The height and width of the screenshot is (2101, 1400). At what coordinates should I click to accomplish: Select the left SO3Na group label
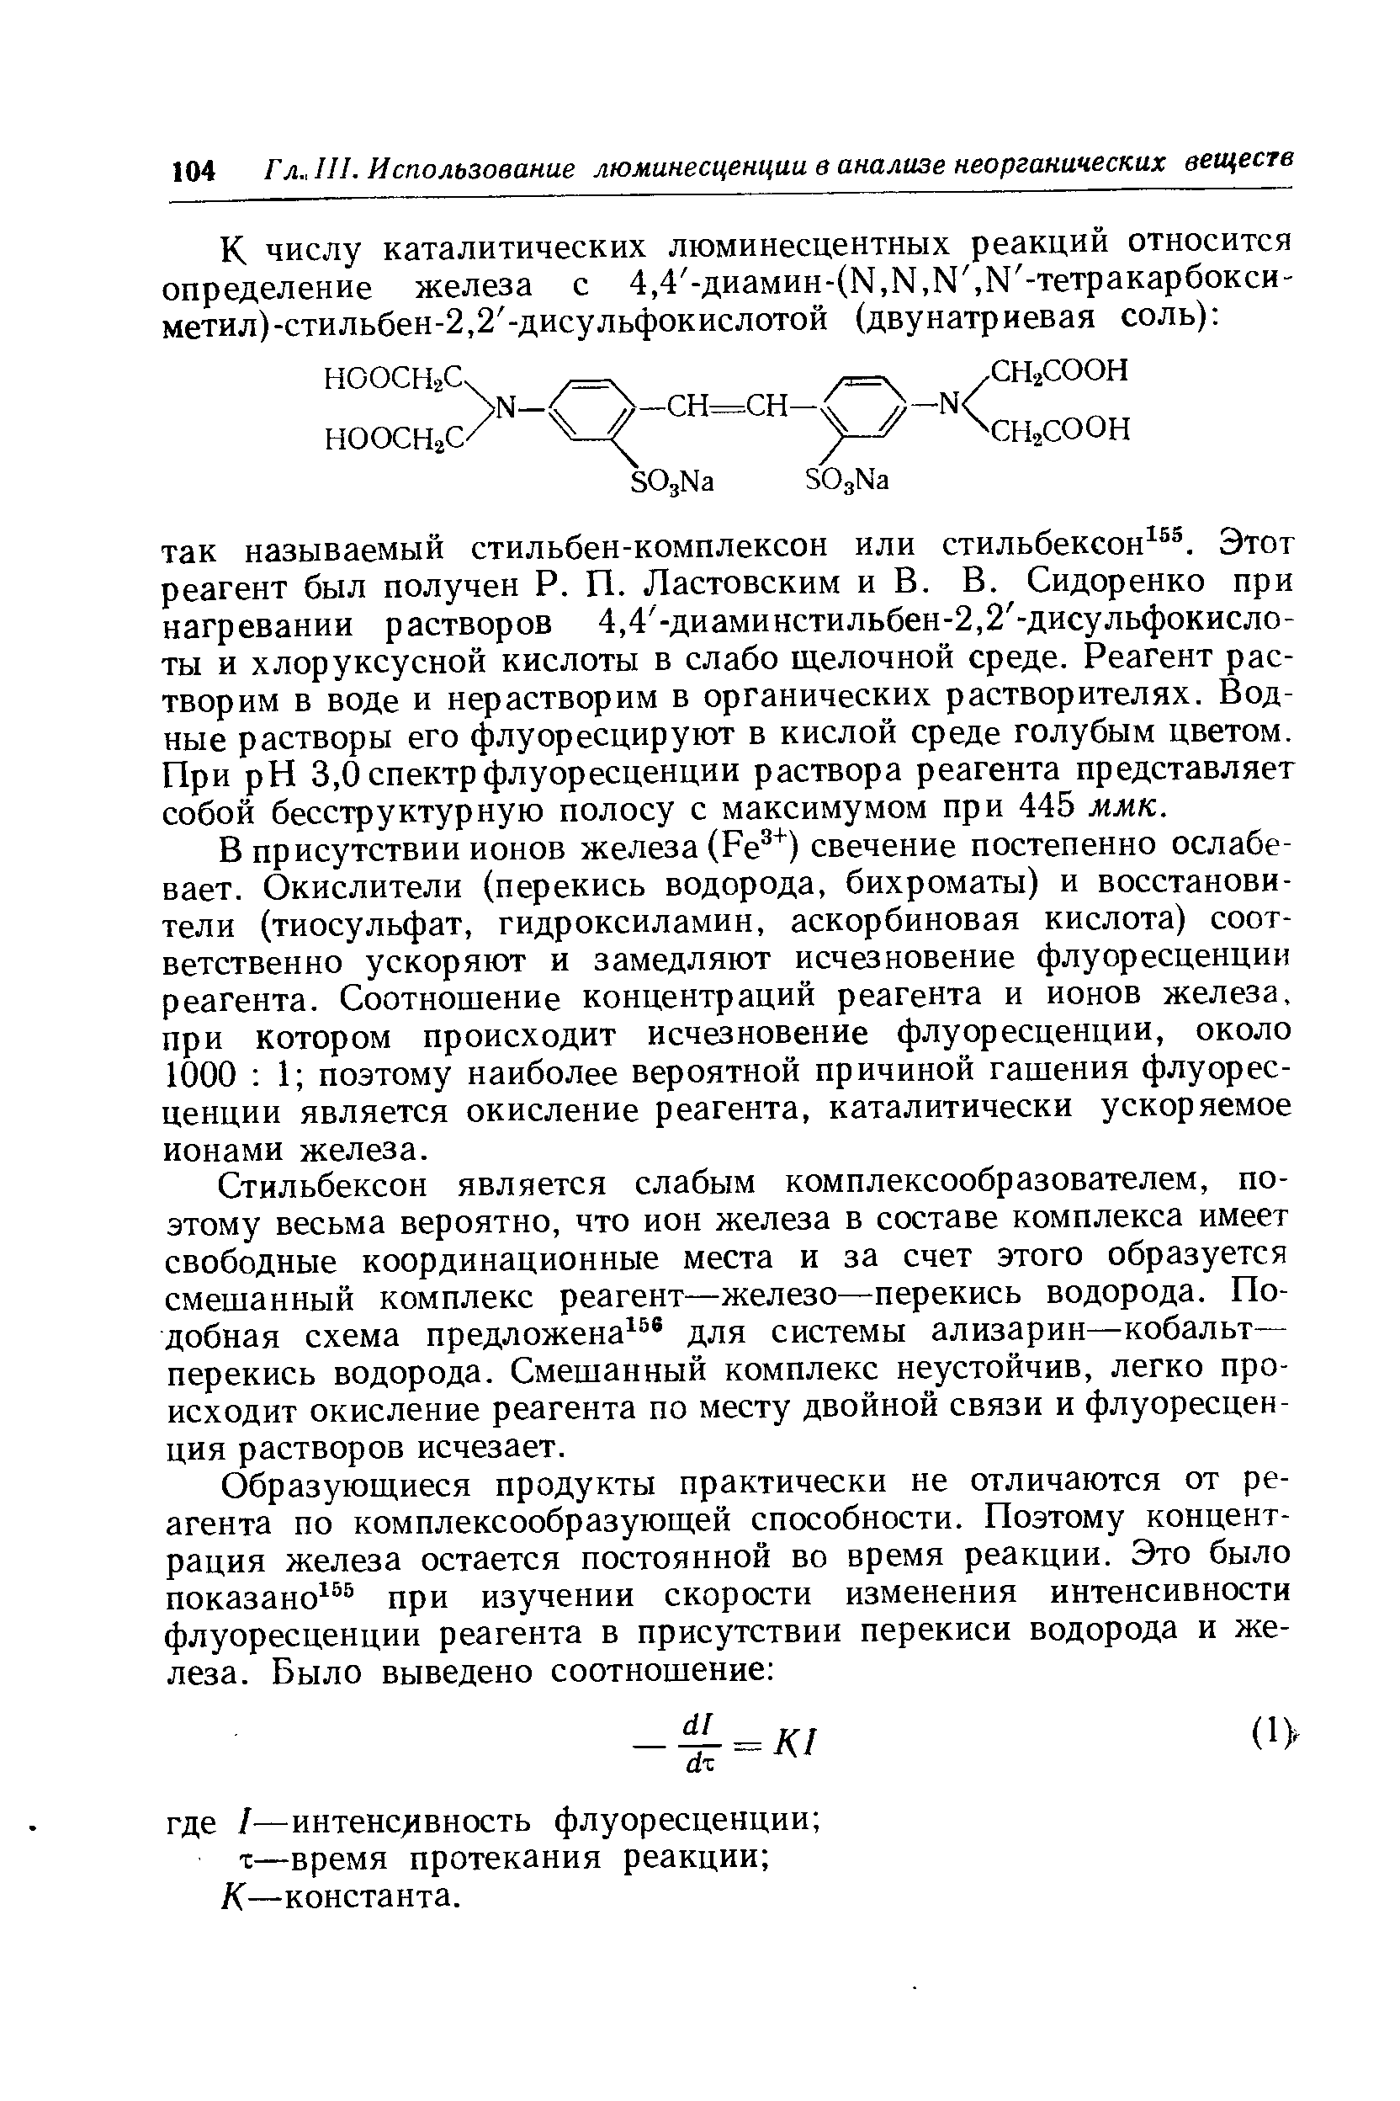pos(673,481)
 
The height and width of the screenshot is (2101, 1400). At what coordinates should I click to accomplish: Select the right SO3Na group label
pos(847,481)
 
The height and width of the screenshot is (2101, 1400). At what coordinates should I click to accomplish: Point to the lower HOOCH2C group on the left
pos(395,438)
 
